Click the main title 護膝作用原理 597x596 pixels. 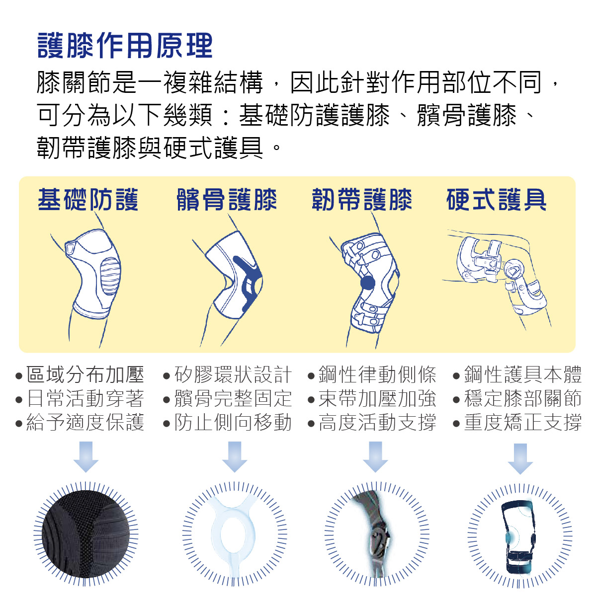point(125,46)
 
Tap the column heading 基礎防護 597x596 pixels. point(88,200)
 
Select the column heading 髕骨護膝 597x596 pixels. point(227,200)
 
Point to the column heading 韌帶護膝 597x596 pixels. point(362,200)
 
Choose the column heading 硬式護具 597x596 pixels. point(497,200)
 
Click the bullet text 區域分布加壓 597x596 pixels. point(85,374)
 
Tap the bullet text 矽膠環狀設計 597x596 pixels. point(233,374)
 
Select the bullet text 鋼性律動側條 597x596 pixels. point(377,374)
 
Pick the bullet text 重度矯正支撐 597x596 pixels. point(522,423)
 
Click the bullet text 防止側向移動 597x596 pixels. point(233,423)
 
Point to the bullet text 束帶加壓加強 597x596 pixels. point(377,398)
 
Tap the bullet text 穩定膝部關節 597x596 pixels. point(522,398)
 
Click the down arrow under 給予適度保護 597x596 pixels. point(86,456)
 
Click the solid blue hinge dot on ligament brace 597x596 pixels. point(367,283)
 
